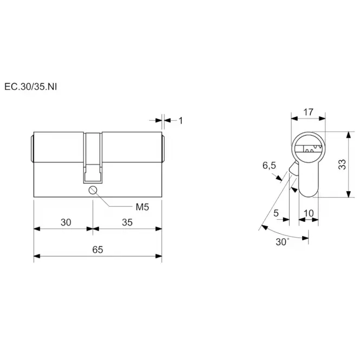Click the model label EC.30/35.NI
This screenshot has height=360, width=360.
tap(30, 87)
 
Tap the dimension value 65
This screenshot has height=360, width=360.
tap(97, 250)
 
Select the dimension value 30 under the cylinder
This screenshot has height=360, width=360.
tap(66, 222)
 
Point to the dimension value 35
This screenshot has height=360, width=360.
tap(127, 222)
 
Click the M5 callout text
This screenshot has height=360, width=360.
tap(142, 207)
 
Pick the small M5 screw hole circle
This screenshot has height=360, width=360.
tap(93, 191)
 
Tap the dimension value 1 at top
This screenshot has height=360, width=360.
tap(181, 121)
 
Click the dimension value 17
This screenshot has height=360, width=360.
tap(308, 112)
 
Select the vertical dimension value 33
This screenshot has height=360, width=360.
tap(342, 165)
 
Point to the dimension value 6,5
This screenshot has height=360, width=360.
tap(269, 165)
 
